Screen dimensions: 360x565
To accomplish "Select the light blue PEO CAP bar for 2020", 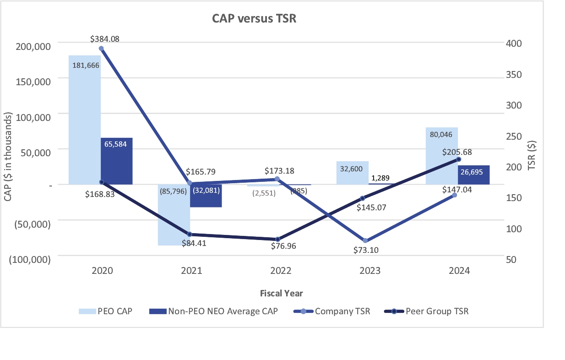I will coord(85,119).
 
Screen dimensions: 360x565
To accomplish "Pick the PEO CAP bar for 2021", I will coord(174,215).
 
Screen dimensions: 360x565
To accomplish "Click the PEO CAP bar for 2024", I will coord(442,156).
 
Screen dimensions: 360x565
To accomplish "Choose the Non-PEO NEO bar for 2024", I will coord(473,175).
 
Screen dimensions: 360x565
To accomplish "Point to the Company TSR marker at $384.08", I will coord(101,49).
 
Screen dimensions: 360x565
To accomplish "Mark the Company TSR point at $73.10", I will coord(365,240).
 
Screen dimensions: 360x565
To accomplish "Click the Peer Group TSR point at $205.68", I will coord(458,159).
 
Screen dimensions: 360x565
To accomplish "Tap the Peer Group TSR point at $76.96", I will coord(278,239).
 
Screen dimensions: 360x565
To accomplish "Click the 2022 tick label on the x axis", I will coord(281,271).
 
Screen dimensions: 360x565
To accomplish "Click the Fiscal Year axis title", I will coord(281,293).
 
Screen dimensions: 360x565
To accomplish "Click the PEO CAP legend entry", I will coord(106,311).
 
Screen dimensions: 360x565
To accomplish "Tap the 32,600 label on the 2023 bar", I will coord(351,169).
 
